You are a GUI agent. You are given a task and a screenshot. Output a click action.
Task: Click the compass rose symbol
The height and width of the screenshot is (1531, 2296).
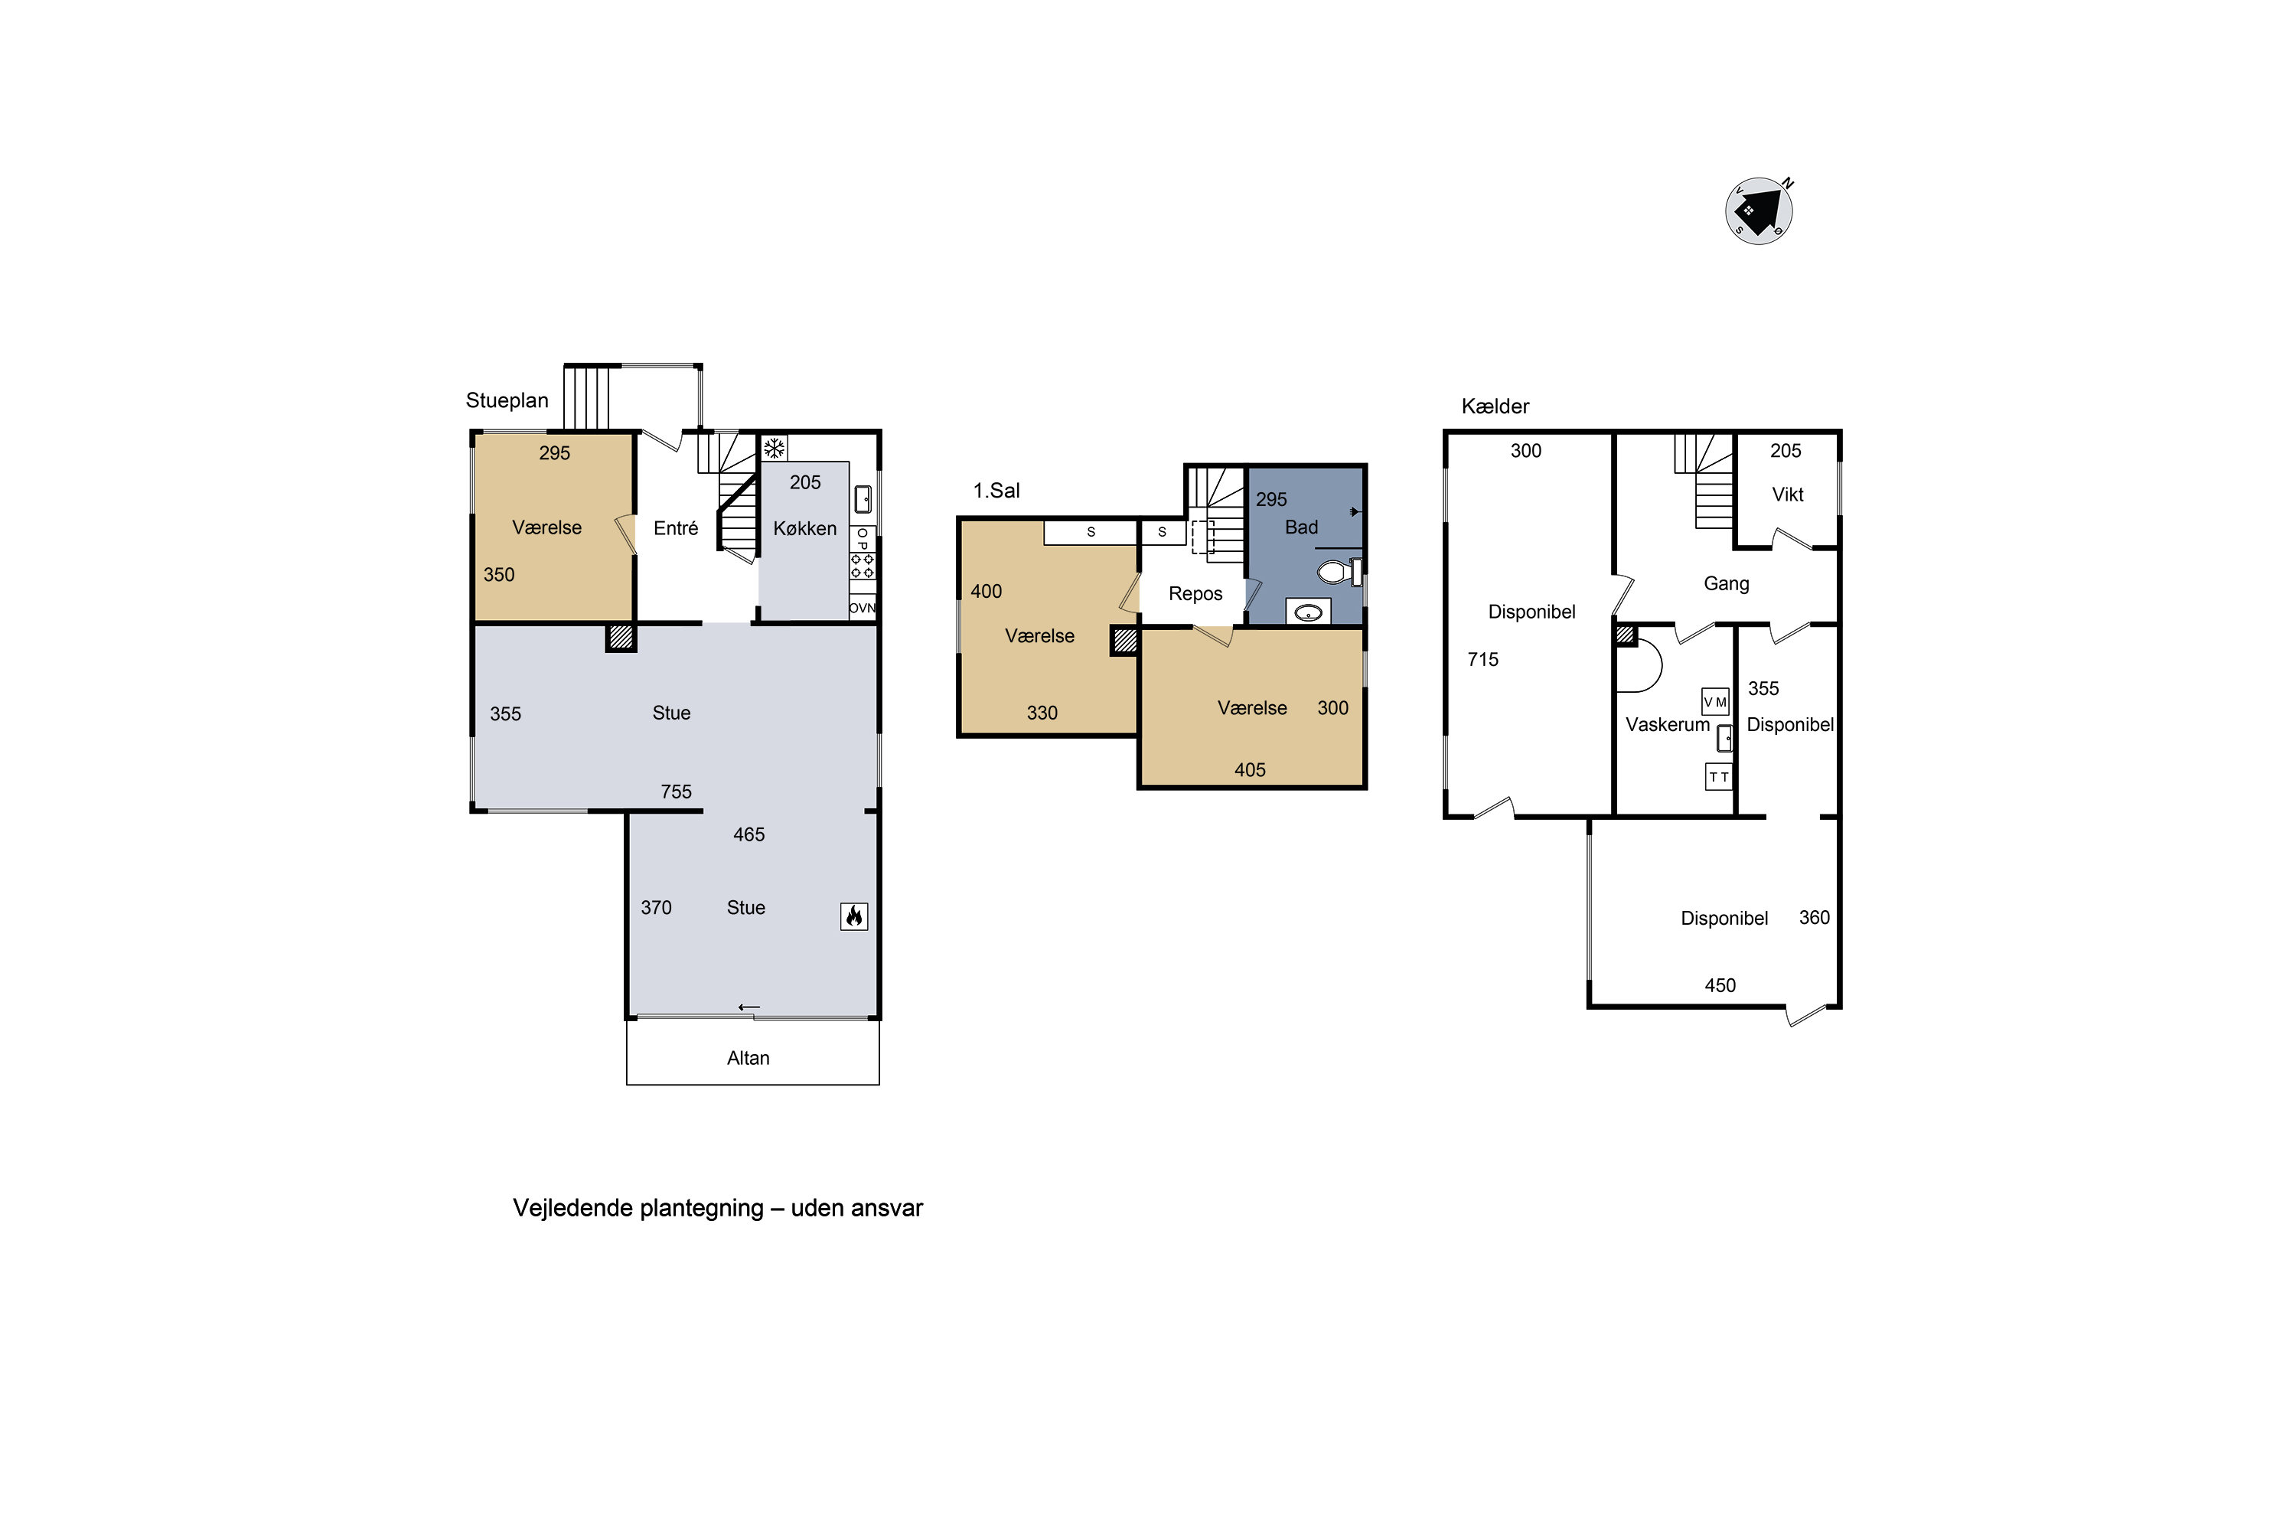[1759, 210]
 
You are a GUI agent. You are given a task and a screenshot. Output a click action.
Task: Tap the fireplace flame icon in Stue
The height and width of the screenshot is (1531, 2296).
[854, 916]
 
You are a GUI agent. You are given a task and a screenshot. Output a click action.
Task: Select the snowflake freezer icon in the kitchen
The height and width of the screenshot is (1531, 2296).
[774, 448]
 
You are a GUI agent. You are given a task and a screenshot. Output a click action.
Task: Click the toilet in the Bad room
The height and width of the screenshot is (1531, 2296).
[1339, 571]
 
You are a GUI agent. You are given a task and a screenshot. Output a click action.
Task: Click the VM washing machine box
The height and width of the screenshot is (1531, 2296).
[1715, 701]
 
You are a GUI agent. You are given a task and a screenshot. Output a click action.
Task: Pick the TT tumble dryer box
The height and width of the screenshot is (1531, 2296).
[1719, 776]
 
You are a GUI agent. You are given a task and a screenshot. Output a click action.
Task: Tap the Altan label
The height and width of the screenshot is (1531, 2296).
[748, 1057]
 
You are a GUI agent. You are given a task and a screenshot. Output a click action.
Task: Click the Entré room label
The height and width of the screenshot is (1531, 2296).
[676, 528]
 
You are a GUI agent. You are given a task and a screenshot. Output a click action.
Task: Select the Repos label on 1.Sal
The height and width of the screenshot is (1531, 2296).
[1195, 594]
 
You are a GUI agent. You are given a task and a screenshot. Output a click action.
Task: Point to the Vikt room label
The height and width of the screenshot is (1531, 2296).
[1787, 494]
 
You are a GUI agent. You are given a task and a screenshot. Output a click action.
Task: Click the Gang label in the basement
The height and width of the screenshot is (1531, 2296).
[1726, 584]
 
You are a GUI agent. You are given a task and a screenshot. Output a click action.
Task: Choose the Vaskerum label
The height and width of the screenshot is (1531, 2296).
[1668, 724]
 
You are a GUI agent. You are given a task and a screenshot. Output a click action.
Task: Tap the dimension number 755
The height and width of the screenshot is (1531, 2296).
[676, 792]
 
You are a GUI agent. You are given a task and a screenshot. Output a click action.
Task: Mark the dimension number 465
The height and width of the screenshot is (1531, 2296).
[748, 835]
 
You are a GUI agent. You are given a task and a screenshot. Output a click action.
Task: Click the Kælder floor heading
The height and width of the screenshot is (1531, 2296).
[1495, 406]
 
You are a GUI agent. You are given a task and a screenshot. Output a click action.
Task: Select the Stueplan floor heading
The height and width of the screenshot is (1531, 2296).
[507, 400]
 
